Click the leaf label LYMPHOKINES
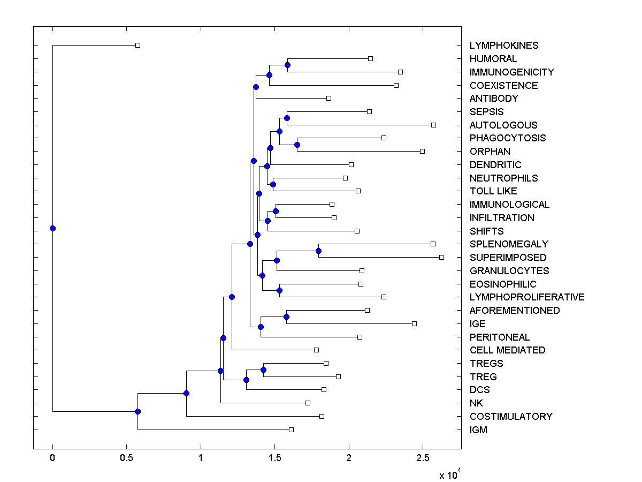496,46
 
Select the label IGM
478,430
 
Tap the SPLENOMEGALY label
509,244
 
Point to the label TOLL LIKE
493,191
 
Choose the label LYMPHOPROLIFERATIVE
527,297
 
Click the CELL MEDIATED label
507,350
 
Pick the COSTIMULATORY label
511,417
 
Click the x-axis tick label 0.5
126,458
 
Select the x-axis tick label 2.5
423,458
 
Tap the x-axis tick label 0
52,458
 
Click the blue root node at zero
52,228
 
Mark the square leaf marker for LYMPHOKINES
137,45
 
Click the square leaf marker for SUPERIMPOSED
441,257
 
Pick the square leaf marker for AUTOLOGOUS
433,125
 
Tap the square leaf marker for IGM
291,430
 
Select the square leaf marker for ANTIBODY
328,98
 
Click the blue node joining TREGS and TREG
263,370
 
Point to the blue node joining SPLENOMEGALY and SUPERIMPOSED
318,251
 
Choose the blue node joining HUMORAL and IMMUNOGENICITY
287,65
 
